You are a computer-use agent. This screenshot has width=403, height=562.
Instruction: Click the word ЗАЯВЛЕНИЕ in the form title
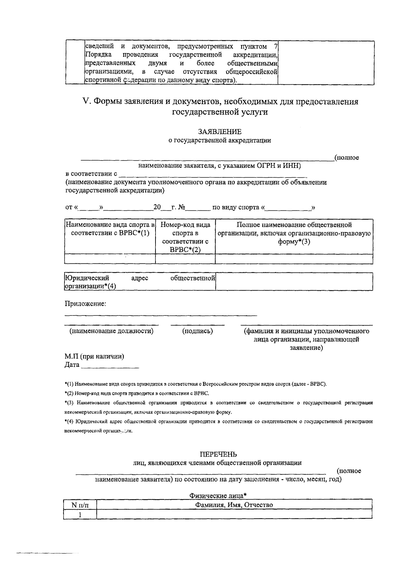(220, 132)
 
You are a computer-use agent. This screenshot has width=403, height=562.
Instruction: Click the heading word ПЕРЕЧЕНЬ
(218, 455)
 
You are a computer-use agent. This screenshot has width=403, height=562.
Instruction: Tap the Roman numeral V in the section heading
(85, 101)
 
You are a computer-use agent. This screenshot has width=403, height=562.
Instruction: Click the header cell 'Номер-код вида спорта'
(185, 237)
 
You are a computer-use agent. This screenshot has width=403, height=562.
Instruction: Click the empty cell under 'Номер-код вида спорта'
(185, 259)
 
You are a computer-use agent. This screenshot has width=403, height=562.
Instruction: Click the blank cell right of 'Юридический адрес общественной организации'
(294, 282)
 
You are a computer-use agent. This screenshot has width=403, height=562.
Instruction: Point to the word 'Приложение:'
(85, 304)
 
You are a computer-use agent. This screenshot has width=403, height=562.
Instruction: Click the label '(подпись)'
(197, 331)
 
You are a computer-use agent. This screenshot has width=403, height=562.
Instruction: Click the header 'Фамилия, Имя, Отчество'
(234, 505)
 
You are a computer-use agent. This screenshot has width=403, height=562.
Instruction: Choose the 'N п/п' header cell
(80, 505)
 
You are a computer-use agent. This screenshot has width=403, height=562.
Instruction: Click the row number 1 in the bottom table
(80, 514)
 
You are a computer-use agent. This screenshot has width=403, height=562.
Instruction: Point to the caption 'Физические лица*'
(218, 495)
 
